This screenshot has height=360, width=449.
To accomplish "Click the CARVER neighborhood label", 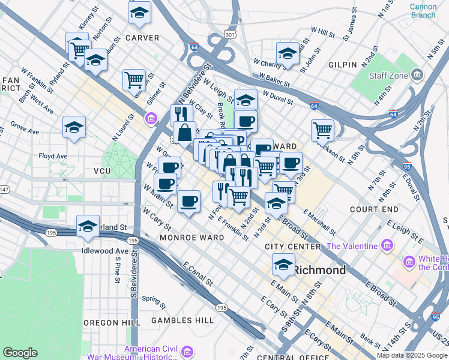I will click(x=142, y=38).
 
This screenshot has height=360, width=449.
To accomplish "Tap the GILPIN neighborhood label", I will click(x=342, y=64).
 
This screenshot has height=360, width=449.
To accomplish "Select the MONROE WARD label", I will click(x=192, y=238).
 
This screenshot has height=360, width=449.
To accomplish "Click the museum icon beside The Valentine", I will click(x=387, y=246).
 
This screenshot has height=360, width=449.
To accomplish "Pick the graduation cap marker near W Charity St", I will click(x=288, y=53).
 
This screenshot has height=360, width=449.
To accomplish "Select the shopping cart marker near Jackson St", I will click(x=323, y=130).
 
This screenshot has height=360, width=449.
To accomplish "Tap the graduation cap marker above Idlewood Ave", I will click(x=88, y=226).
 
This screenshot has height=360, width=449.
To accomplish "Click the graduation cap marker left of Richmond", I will click(x=283, y=263).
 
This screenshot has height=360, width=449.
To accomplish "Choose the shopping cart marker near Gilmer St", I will click(x=134, y=79).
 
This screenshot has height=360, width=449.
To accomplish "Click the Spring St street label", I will click(x=154, y=299).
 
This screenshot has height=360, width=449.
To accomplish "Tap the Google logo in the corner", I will click(x=20, y=353).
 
